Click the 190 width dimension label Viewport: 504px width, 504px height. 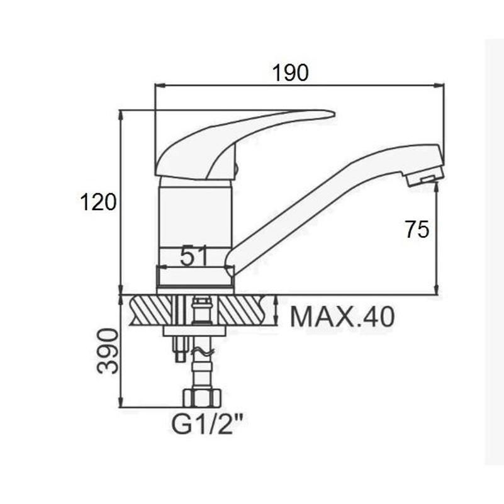[x=290, y=72]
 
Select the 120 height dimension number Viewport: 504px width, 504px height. [x=98, y=202]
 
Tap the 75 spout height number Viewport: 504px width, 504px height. [x=417, y=230]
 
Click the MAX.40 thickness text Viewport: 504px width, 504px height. [x=342, y=317]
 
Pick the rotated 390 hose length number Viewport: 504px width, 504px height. [x=108, y=350]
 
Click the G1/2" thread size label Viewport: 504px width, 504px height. [x=206, y=425]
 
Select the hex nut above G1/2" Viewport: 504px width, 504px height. [x=202, y=398]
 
